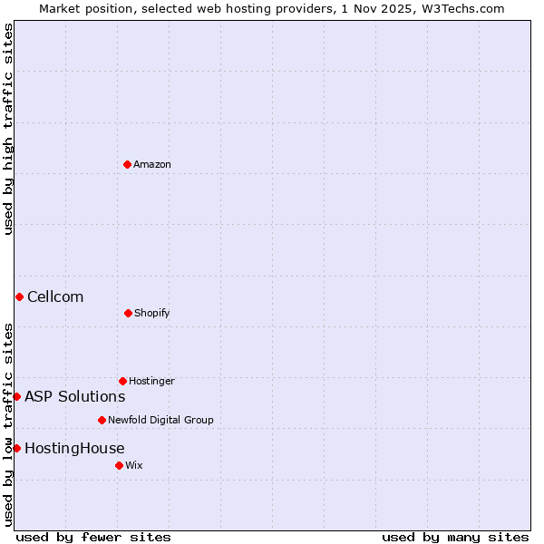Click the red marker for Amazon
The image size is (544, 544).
point(128,164)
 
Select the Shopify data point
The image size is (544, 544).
point(128,313)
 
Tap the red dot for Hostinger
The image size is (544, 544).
point(122,381)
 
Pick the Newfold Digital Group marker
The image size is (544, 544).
point(102,420)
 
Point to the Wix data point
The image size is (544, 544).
point(119,465)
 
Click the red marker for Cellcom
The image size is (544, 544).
point(19,296)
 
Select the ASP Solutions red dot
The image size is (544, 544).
point(16,396)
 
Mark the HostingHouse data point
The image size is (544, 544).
point(16,448)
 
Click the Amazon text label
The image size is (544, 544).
point(152,164)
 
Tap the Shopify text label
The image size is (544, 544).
point(152,313)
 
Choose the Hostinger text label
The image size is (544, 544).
point(151,381)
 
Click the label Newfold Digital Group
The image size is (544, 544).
point(160,420)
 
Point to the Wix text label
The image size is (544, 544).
point(134,465)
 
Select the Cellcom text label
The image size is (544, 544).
point(55,296)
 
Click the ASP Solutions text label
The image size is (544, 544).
point(74,396)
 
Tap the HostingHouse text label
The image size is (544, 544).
point(74,448)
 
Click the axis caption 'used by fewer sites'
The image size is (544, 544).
point(93,537)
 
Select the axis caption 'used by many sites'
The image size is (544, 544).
point(455,537)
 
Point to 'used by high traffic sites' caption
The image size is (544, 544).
point(8,130)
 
